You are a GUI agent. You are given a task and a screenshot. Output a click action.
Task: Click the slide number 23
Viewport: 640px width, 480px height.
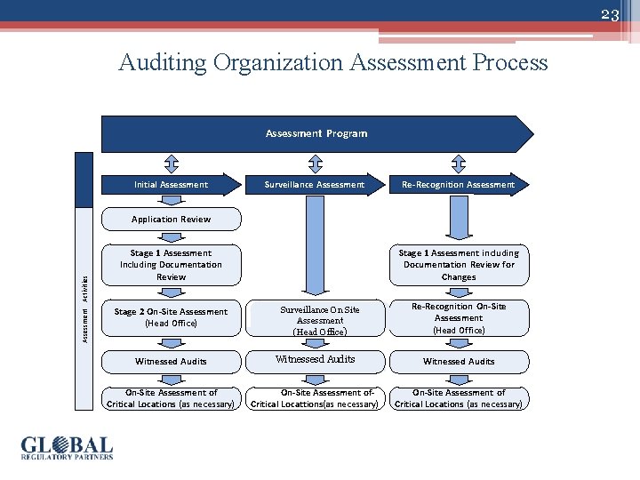pyautogui.click(x=609, y=15)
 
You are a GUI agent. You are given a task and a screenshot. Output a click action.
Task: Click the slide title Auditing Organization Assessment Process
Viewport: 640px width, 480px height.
pyautogui.click(x=333, y=63)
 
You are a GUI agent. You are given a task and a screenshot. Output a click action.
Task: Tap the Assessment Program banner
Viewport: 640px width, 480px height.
pyautogui.click(x=316, y=133)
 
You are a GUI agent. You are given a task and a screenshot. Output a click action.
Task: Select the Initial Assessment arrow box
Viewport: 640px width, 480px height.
pyautogui.click(x=171, y=185)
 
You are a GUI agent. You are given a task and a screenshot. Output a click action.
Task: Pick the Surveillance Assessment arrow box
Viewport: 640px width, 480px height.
pyautogui.click(x=315, y=185)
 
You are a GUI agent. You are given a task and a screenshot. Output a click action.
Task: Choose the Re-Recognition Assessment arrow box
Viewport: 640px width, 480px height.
pyautogui.click(x=458, y=185)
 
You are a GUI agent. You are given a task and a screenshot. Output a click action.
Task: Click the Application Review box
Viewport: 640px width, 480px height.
pyautogui.click(x=171, y=220)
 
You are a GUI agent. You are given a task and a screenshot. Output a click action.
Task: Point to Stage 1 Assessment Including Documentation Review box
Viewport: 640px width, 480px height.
pyautogui.click(x=171, y=265)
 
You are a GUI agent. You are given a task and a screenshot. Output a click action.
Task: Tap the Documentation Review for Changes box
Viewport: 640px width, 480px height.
pyautogui.click(x=459, y=265)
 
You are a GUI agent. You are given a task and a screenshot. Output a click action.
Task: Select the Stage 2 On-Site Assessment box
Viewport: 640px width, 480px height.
pyautogui.click(x=171, y=317)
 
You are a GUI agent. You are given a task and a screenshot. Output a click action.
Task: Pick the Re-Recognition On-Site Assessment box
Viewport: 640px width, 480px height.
pyautogui.click(x=459, y=318)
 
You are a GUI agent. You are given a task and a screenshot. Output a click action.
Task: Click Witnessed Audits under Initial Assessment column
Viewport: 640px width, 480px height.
pyautogui.click(x=171, y=362)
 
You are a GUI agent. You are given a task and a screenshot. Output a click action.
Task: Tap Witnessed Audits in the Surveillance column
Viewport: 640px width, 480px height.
pyautogui.click(x=315, y=360)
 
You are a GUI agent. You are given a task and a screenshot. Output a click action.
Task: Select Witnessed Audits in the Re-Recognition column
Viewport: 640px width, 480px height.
pyautogui.click(x=459, y=362)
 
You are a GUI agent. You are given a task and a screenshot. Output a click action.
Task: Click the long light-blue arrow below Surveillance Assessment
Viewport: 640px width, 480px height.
pyautogui.click(x=315, y=244)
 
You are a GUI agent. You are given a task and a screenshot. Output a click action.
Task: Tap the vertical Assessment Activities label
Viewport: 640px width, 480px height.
pyautogui.click(x=84, y=307)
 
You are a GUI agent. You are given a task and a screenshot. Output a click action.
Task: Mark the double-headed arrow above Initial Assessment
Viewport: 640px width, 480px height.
pyautogui.click(x=171, y=163)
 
